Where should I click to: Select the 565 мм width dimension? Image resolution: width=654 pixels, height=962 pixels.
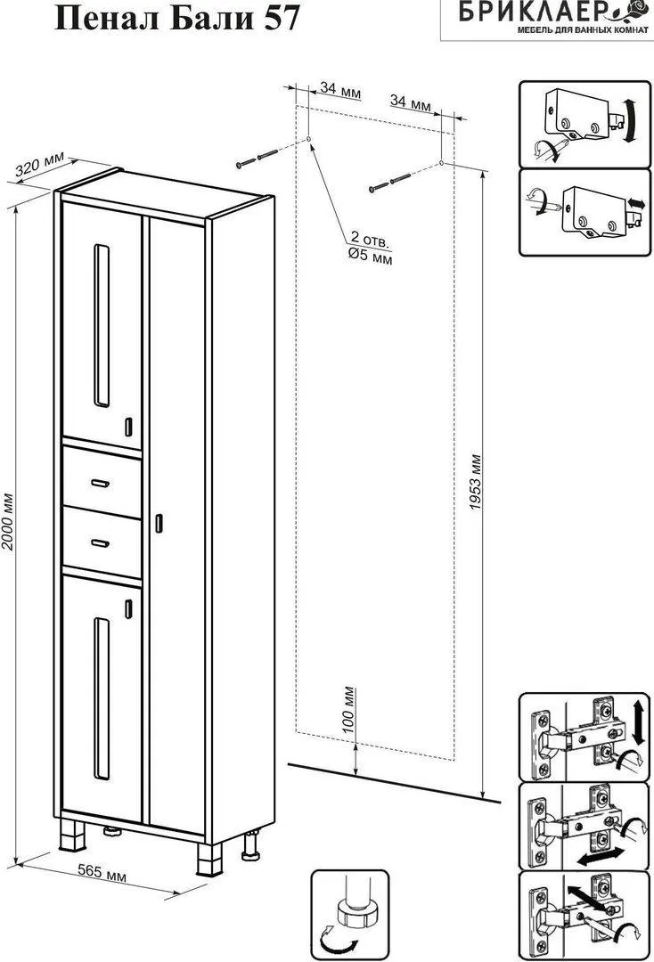tap(102, 872)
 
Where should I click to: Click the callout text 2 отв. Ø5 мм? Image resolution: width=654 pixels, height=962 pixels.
tap(371, 248)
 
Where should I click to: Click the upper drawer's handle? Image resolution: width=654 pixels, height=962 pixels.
tap(100, 484)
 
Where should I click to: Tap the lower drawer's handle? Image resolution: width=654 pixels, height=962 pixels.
tap(100, 542)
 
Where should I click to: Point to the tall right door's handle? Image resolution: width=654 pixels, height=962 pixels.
tap(159, 522)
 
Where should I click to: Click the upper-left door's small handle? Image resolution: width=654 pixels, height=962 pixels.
tap(129, 427)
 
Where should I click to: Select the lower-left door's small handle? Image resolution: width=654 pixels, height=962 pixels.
tap(129, 607)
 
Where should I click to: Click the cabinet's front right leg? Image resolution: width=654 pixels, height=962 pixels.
tap(209, 859)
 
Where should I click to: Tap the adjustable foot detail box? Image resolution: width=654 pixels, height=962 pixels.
tap(349, 915)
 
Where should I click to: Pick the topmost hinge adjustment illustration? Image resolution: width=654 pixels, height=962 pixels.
tap(585, 737)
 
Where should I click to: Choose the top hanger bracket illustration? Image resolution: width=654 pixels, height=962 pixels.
tap(585, 124)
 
